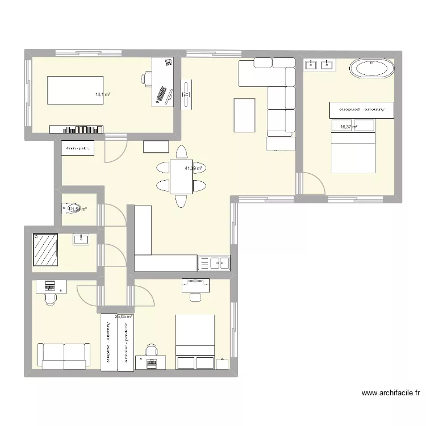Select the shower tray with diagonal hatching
click(x=45, y=249)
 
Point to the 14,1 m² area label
click(x=102, y=95)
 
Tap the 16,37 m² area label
click(x=348, y=127)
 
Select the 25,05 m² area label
click(x=123, y=317)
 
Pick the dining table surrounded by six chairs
click(x=181, y=177)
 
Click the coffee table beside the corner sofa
click(x=244, y=115)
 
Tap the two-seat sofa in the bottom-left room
click(x=64, y=355)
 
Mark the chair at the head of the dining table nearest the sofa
click(x=181, y=152)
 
